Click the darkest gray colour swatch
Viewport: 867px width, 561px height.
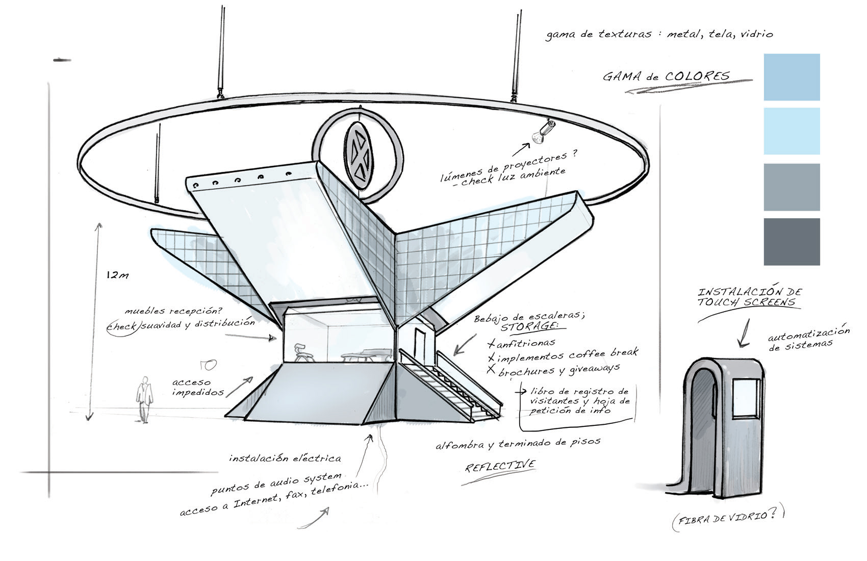[792, 242]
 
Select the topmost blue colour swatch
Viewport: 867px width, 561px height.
[792, 77]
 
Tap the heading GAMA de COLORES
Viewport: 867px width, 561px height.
[666, 77]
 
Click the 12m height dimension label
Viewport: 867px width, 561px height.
[117, 275]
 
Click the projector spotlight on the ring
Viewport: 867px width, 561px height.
[541, 131]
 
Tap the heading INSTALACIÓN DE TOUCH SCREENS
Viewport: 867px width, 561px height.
[749, 297]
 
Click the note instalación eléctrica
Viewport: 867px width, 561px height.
[285, 458]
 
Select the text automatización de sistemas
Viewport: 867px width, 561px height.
[808, 338]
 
